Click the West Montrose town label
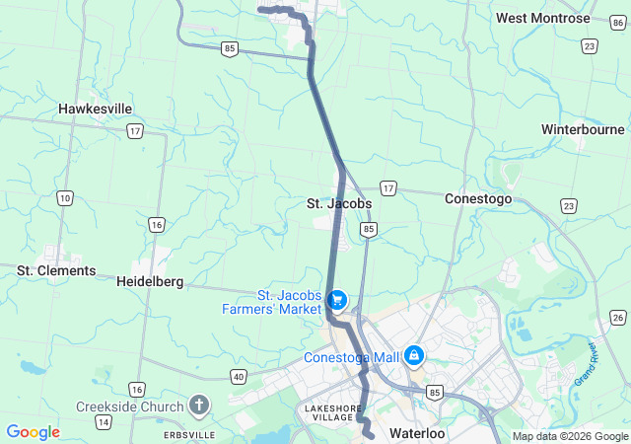point(543,18)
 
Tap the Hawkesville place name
point(96,109)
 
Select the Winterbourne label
point(583,129)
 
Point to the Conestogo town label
point(478,198)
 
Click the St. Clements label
point(56,270)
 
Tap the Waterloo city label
point(418,433)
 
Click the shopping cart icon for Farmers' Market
point(337,298)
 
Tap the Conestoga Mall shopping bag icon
point(414,354)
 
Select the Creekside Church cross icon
point(199,406)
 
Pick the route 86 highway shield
point(618,21)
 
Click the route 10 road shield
point(65,198)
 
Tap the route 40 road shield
point(239,376)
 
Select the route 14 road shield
point(103,421)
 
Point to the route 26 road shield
point(617,317)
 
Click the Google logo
point(33,432)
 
